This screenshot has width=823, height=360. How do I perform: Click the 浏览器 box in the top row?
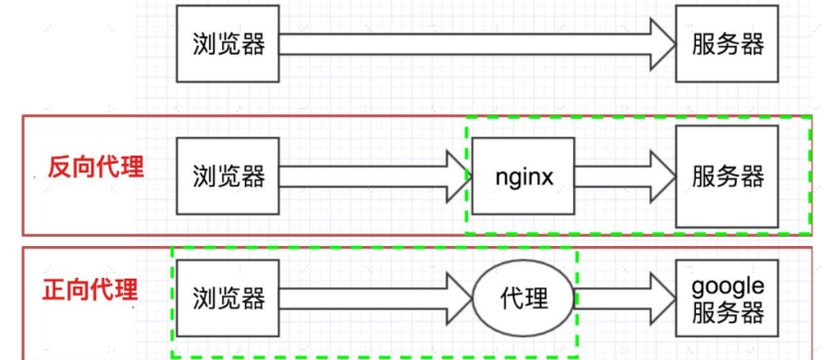pos(228,44)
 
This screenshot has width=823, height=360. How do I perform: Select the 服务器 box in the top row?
pos(727,44)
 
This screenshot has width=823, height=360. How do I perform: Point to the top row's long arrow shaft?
pos(456,44)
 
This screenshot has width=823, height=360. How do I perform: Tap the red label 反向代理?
pos(96,166)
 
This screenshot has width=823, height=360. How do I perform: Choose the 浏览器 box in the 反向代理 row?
pos(228,177)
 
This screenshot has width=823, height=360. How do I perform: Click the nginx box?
pos(522,177)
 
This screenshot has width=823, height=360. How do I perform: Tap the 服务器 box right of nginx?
pos(727,177)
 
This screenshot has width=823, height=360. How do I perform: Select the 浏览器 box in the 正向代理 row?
pos(228,297)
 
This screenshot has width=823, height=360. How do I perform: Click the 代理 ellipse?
pos(522,297)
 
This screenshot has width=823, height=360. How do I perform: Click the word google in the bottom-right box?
pos(728,286)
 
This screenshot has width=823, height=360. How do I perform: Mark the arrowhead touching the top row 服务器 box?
pos(659,44)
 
